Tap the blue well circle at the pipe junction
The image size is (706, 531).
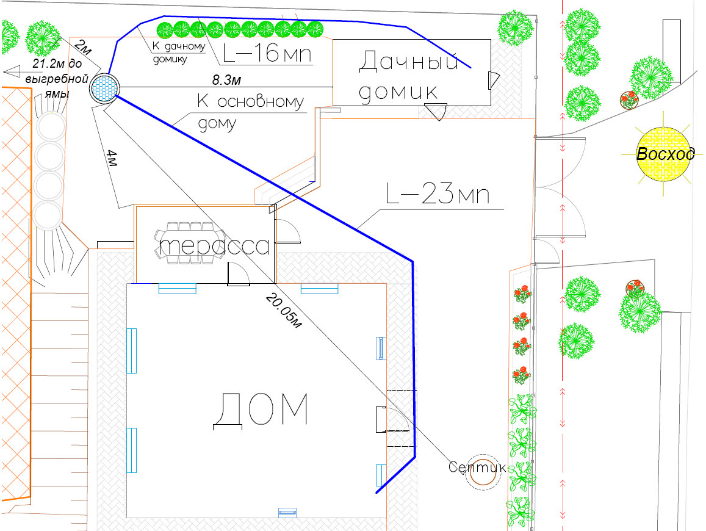[104, 88]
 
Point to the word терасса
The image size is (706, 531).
[214, 246]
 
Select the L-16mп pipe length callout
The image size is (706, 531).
[267, 54]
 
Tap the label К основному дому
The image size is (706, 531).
[250, 112]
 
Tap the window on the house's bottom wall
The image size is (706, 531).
[287, 511]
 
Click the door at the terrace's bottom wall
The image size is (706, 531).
[239, 274]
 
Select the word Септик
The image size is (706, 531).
[476, 467]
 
